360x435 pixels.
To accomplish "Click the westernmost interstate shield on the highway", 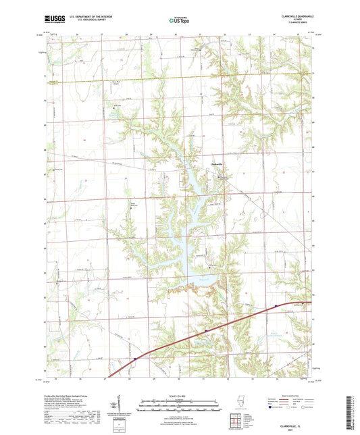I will coord(135,359).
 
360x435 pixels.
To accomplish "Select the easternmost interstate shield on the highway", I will coord(276,307).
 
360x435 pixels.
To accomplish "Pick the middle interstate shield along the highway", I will coord(206,331).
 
